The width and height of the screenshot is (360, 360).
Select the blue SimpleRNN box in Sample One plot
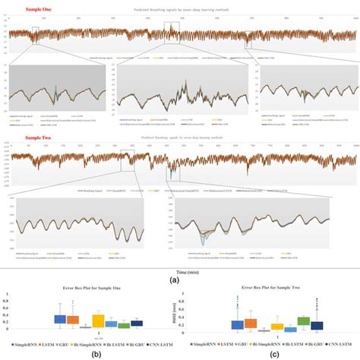pos(59,320)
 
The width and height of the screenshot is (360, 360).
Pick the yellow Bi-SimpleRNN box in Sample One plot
pos(98,321)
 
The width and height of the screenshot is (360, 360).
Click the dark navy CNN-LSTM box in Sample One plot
pos(137,323)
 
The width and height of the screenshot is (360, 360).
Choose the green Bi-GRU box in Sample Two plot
pos(304,321)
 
